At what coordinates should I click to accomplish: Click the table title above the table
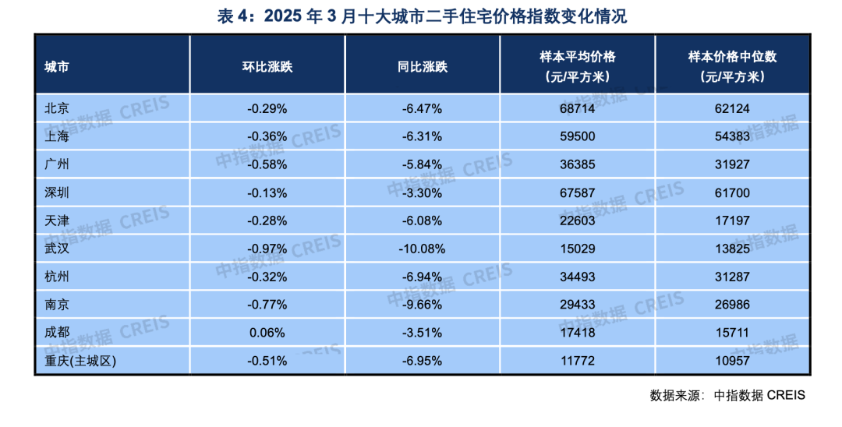point(421,16)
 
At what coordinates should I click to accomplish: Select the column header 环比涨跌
point(267,66)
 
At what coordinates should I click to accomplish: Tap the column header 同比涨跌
point(422,66)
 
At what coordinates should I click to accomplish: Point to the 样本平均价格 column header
point(577,66)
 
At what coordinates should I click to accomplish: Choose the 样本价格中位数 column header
point(732,66)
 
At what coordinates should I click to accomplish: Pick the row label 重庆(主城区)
point(83,361)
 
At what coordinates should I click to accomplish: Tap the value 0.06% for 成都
point(267,333)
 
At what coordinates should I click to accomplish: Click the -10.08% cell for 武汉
point(422,249)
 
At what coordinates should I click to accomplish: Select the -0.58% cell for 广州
point(267,164)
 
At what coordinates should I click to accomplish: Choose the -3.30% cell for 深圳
point(422,192)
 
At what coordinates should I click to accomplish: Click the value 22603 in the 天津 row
point(577,221)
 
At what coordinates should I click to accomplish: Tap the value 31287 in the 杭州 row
point(732,277)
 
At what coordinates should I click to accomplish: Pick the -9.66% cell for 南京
point(422,305)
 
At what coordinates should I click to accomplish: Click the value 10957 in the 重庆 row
point(732,361)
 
